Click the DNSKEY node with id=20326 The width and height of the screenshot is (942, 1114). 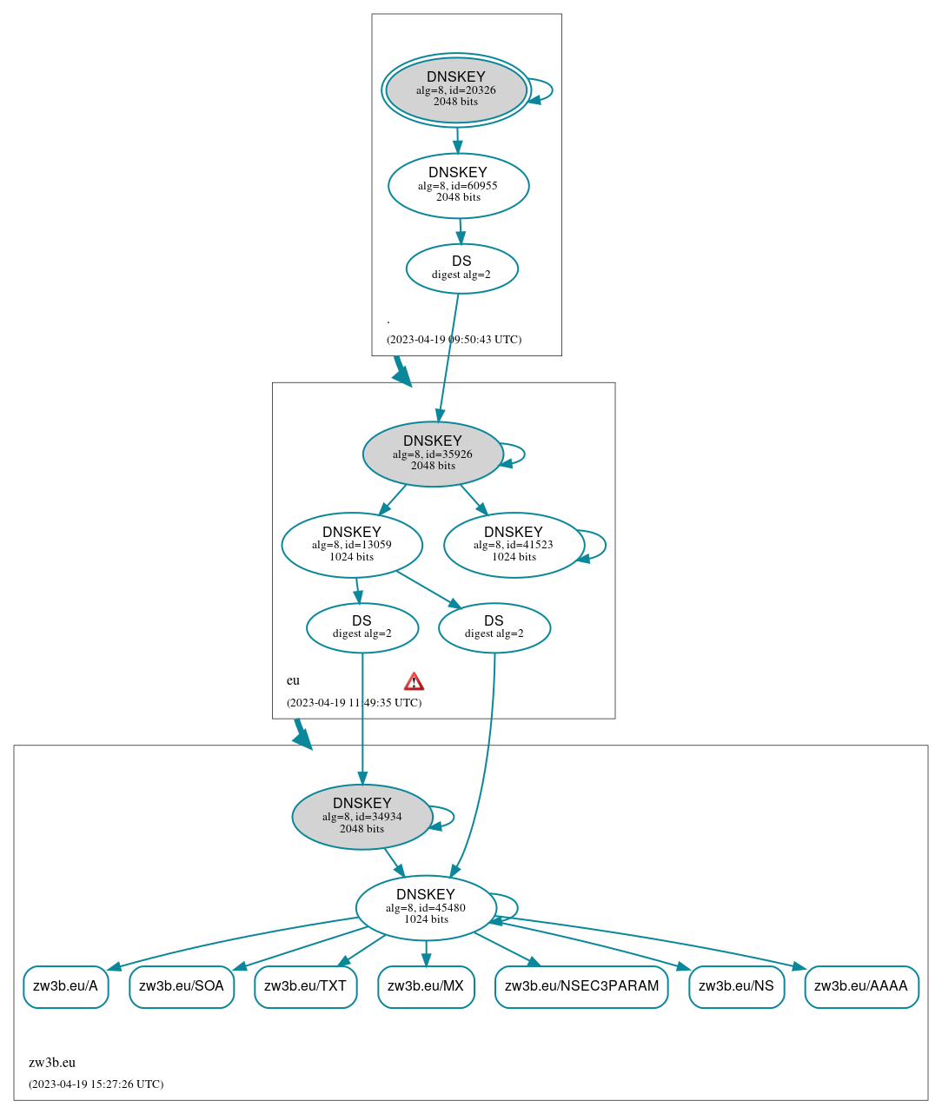[456, 90]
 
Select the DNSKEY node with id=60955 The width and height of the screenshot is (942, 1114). [458, 185]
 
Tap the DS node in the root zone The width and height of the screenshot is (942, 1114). [461, 268]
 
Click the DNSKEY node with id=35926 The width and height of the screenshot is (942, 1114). [433, 454]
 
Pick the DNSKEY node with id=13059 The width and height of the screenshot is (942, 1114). [352, 545]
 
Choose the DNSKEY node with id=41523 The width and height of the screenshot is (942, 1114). [514, 545]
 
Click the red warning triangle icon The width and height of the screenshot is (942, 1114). [415, 681]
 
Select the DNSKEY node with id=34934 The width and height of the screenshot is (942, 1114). [362, 817]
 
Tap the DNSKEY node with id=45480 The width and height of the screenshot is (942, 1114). [426, 907]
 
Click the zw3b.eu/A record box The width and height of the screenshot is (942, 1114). [66, 986]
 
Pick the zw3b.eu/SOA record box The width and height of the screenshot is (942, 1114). [182, 986]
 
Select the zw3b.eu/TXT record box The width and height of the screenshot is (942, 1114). [305, 986]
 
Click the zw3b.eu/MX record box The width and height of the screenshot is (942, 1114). [426, 986]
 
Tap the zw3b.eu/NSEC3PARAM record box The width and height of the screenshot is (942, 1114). [581, 986]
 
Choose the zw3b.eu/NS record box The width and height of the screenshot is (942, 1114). [736, 986]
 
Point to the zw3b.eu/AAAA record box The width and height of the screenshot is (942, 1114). [861, 986]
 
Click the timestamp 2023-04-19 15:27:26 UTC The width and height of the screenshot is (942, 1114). [96, 1084]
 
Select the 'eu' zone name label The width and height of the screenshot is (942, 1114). [293, 680]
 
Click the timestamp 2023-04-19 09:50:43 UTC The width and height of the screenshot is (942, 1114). [454, 339]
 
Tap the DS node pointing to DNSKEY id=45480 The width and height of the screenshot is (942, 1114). [494, 627]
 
